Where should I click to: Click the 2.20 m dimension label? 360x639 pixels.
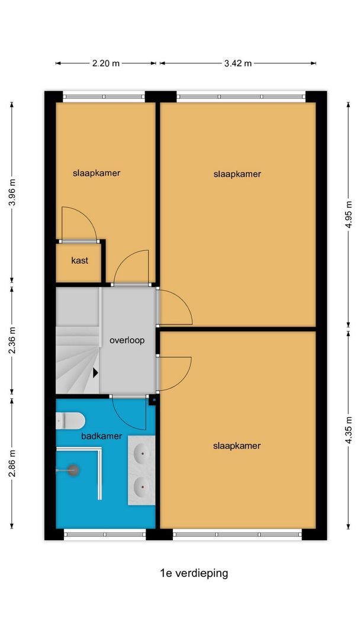tap(106, 63)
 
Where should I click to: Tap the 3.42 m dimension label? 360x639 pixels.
tap(237, 63)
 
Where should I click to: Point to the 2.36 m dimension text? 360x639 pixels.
tap(12, 341)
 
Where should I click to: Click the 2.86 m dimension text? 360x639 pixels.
tap(12, 463)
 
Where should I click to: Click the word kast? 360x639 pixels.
tap(79, 260)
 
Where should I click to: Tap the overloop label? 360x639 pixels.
tap(127, 340)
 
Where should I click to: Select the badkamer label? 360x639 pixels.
tap(101, 436)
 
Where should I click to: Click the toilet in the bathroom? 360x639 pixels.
tap(70, 421)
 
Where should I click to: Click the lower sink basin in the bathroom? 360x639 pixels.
tap(142, 485)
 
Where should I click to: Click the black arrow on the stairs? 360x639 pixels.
tap(96, 373)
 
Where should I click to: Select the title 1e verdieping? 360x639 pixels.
tap(194, 573)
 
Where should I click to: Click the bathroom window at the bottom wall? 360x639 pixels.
tap(105, 534)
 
